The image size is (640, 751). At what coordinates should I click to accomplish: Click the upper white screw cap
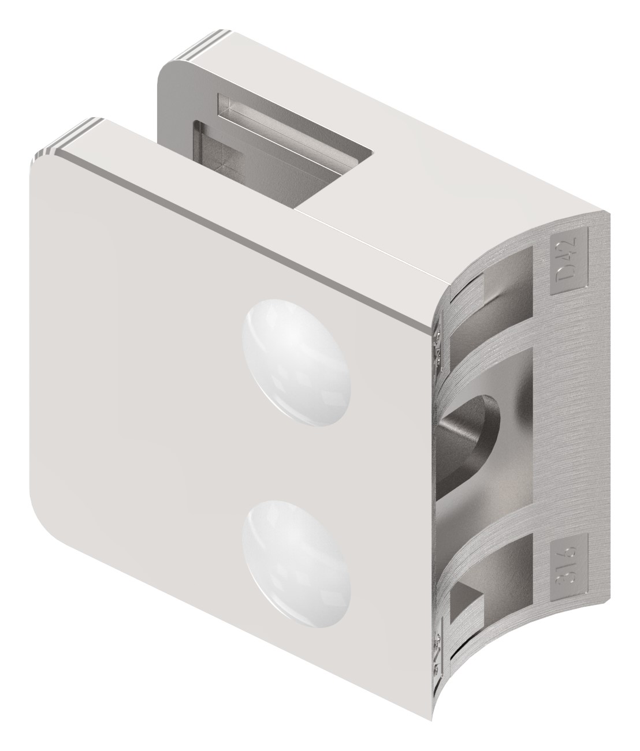coord(297,363)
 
